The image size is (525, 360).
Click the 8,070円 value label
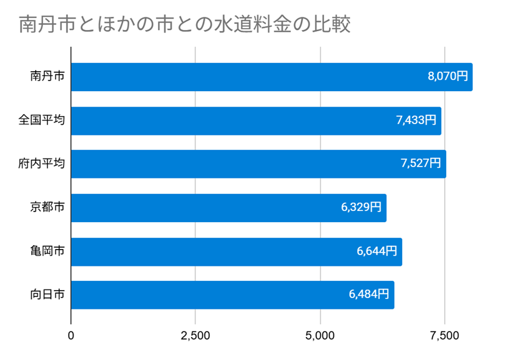[447, 77]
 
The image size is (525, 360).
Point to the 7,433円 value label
[416, 120]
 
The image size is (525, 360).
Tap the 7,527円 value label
[421, 163]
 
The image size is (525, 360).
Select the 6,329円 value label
[361, 207]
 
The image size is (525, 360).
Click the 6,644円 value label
[376, 251]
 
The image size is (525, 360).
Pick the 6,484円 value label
[369, 294]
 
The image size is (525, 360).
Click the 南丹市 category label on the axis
[47, 77]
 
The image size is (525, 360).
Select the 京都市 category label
[47, 207]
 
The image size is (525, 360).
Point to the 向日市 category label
[47, 294]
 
